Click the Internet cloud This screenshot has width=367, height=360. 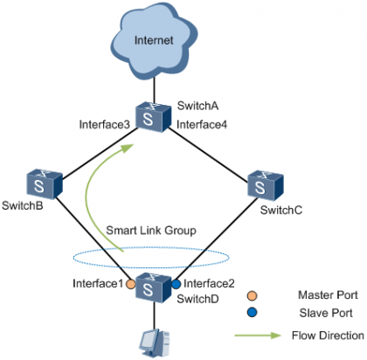point(154,43)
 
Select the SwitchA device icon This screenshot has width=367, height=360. point(153,117)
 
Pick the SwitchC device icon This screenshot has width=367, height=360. point(265,184)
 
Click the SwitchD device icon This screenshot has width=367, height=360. point(153,285)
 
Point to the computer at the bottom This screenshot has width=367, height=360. point(153,341)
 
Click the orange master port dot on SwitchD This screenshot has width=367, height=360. point(130,284)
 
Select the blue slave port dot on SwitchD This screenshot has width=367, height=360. point(176,284)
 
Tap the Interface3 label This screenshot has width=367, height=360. point(105,126)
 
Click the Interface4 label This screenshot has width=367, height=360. point(202,126)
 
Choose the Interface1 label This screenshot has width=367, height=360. point(98,283)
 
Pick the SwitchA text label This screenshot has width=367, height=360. point(197,106)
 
